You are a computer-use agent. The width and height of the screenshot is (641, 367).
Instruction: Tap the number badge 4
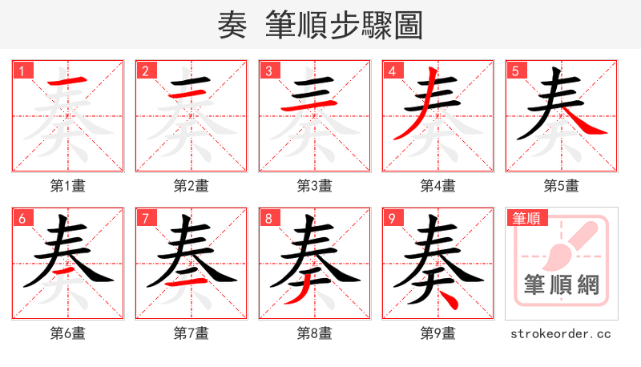[392, 71]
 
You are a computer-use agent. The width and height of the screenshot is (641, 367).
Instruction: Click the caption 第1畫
[68, 186]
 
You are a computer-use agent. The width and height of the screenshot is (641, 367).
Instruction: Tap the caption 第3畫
[315, 186]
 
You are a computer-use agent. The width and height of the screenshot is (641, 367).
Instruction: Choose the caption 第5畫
[562, 186]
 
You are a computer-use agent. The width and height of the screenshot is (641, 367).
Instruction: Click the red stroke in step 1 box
[68, 81]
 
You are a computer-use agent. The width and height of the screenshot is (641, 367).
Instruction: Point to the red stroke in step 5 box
[586, 123]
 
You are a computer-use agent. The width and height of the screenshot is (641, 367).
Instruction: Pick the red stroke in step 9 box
[450, 301]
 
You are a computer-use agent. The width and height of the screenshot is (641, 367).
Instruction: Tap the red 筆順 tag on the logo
[526, 218]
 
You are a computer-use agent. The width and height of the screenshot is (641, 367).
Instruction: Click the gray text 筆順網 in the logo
[562, 285]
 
